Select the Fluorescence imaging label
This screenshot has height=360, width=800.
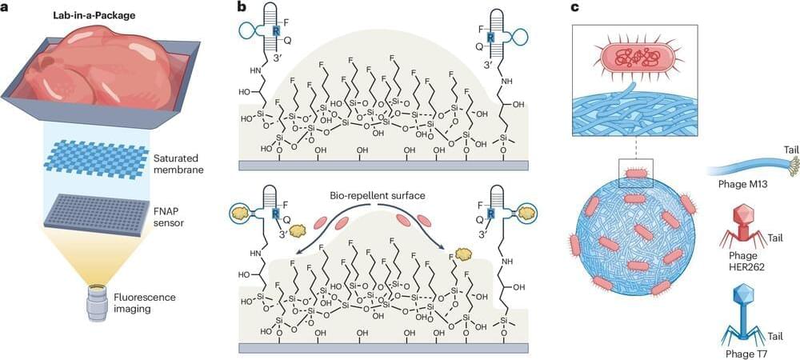176,299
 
